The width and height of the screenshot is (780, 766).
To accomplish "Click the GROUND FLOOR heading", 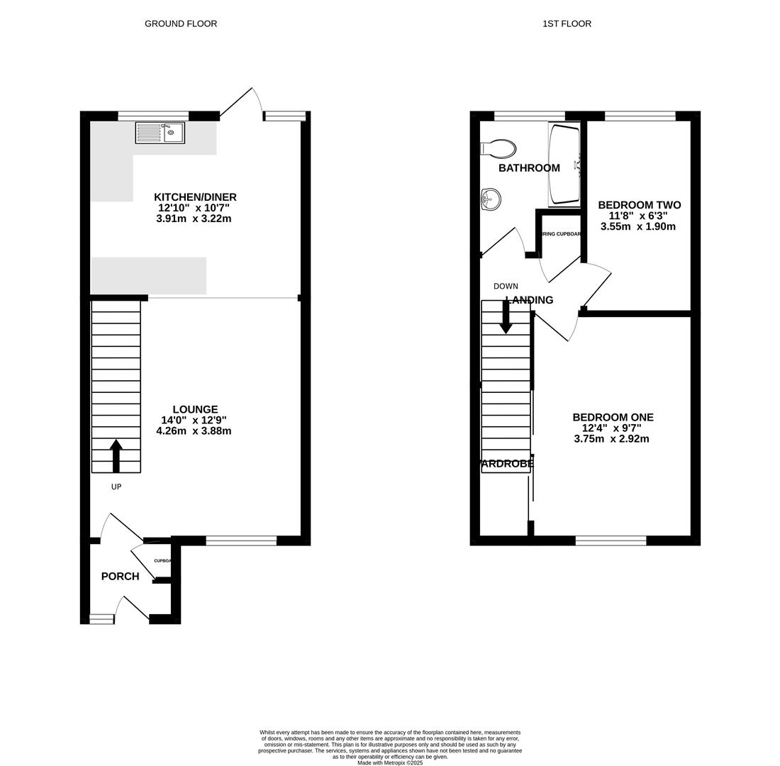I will click(181, 23).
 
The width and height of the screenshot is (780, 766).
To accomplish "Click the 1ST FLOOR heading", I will click(567, 23).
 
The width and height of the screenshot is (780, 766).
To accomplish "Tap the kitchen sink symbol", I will click(160, 133).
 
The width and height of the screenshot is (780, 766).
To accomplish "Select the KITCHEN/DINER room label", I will click(195, 197).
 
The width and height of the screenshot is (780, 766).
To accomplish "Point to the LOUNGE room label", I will click(195, 409).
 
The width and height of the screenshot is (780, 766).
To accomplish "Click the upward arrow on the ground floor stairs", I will click(116, 455).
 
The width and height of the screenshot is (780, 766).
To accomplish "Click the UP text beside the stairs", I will click(116, 487).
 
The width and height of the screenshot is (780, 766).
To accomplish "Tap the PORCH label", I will click(120, 577).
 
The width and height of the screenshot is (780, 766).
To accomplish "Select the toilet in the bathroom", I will click(498, 148).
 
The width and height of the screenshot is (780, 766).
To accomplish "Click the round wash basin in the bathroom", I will click(490, 199).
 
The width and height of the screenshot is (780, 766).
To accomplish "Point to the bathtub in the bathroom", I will click(564, 164).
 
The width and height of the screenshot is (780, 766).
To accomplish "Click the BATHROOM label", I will click(529, 168).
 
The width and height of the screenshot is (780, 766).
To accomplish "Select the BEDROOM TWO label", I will click(639, 205).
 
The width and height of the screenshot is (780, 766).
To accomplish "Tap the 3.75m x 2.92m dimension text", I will click(611, 439).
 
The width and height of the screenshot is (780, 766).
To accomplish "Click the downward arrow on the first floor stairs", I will click(506, 317).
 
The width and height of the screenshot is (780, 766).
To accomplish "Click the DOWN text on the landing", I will click(506, 287).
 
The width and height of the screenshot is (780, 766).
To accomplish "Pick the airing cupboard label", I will click(561, 234).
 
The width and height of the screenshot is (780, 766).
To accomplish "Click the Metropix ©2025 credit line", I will click(390, 762).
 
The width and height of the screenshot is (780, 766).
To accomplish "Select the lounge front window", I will click(241, 541).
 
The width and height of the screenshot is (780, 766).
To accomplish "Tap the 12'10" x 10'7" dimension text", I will click(194, 208).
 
